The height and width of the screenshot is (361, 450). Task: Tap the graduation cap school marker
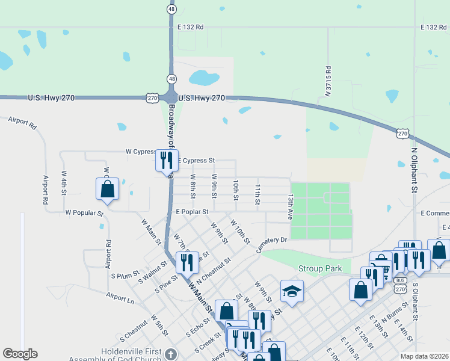tap(292, 292)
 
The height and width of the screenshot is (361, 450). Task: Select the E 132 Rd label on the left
tap(191, 27)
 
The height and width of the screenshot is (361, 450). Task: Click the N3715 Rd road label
tap(328, 81)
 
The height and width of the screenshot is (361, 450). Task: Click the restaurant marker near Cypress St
tap(167, 159)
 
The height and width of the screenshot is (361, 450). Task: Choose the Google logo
tap(20, 353)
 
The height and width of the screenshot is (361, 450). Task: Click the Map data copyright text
tap(424, 356)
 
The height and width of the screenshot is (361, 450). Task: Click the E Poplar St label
tap(192, 212)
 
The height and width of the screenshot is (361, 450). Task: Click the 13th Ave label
tap(291, 206)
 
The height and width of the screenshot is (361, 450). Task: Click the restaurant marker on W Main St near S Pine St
tap(187, 262)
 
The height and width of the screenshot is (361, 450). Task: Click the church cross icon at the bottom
tap(171, 354)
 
